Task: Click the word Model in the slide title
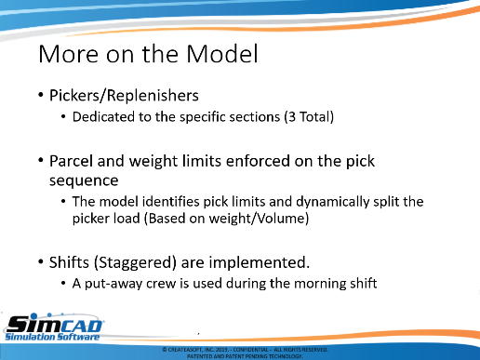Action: point(222,54)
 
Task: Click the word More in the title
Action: point(68,54)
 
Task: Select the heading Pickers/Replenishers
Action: point(124,95)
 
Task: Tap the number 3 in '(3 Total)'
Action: point(292,117)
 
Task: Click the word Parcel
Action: point(72,161)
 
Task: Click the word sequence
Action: point(84,180)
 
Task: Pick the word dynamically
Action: point(332,202)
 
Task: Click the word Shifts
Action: point(69,262)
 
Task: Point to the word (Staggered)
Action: point(135,262)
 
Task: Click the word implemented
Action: point(260,262)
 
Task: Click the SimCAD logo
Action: point(53,327)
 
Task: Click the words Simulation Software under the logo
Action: point(52,337)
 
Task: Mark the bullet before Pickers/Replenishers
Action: point(41,95)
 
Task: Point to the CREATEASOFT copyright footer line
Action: point(245,350)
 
